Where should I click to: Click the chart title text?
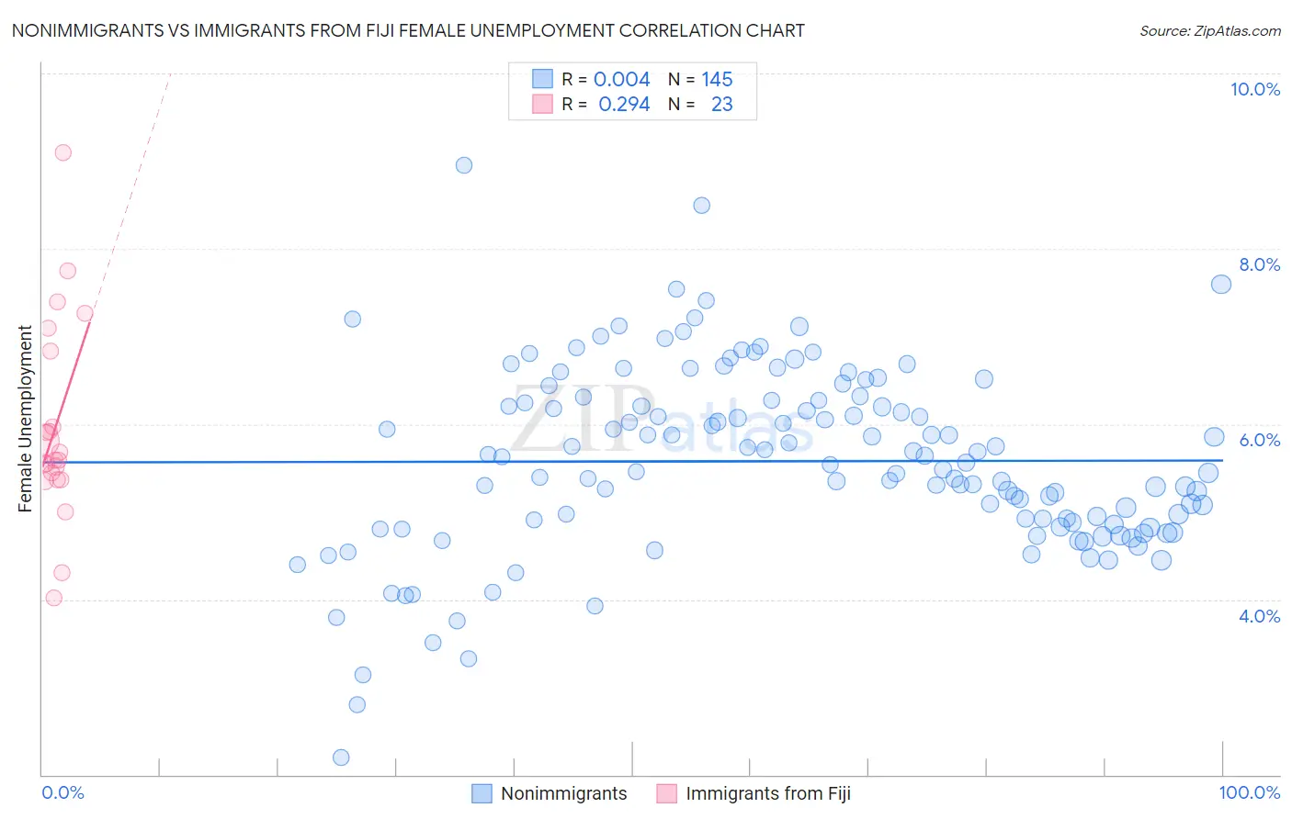[x=408, y=31]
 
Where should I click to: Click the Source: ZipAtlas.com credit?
[x=1209, y=31]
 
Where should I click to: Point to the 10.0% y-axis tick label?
[x=1254, y=89]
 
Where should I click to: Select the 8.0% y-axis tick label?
[x=1259, y=264]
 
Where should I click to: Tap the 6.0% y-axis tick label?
[x=1259, y=440]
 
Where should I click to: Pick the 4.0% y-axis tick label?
[x=1259, y=616]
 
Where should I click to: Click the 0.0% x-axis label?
[x=62, y=792]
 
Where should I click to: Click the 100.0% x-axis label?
[x=1249, y=792]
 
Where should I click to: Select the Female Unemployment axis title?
[x=25, y=419]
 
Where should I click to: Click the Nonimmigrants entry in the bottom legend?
[x=563, y=793]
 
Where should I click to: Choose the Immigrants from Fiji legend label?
[x=767, y=793]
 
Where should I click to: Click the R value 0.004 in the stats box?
[x=621, y=80]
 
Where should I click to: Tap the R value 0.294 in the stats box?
[x=624, y=105]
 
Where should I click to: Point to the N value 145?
[x=717, y=80]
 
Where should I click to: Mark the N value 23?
[x=721, y=105]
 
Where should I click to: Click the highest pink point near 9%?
[x=63, y=152]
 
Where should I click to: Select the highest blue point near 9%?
[x=464, y=165]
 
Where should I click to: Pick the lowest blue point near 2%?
[x=341, y=757]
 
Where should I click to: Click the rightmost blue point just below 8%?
[x=1221, y=285]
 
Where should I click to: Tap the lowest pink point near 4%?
[x=54, y=598]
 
